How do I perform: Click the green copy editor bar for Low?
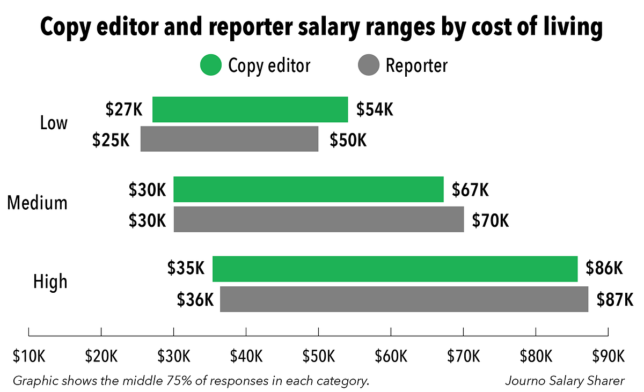tap(250, 109)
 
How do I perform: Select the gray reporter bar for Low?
tap(229, 139)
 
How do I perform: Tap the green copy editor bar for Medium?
tap(309, 189)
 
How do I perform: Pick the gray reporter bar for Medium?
tap(319, 219)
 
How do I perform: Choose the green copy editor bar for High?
tap(395, 269)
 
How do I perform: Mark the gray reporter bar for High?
tap(404, 299)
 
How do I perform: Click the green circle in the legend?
tap(210, 66)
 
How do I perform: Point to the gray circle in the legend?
tap(368, 66)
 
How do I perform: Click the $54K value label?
tap(375, 109)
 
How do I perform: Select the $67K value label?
tap(470, 189)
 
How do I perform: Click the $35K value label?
tap(186, 268)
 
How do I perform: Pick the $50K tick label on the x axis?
tap(318, 356)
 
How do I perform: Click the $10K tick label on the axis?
tap(28, 356)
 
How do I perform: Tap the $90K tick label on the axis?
tap(608, 356)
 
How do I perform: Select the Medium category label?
tap(38, 203)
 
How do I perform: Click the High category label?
tap(50, 282)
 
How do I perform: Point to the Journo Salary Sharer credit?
tap(565, 381)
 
